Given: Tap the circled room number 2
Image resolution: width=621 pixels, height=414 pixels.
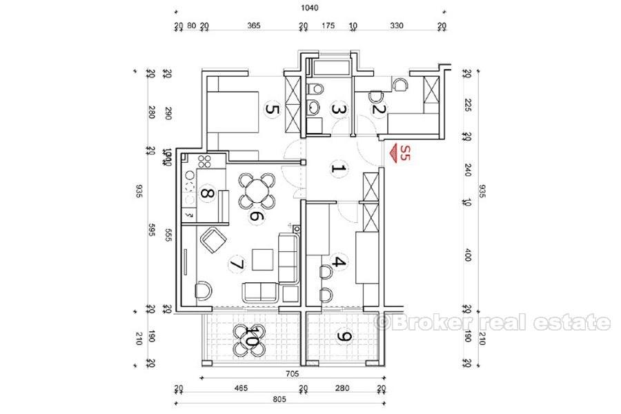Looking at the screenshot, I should pos(377,108).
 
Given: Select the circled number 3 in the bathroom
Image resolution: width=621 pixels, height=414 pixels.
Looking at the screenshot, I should pos(337,108).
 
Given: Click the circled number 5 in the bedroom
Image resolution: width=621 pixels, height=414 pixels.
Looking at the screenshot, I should pos(272,109).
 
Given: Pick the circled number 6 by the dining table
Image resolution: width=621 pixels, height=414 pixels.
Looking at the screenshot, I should pos(255,216).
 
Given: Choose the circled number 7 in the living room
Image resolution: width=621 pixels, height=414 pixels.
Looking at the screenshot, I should pos(236,264).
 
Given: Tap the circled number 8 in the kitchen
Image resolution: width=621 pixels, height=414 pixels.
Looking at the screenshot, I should pos(206,194).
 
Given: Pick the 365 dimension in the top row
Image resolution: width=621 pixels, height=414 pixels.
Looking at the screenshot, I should pos(253,26).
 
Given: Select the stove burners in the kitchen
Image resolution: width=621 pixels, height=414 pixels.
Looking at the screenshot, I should pos(205,164).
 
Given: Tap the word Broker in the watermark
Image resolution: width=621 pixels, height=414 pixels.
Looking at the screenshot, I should pos(422,322).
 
